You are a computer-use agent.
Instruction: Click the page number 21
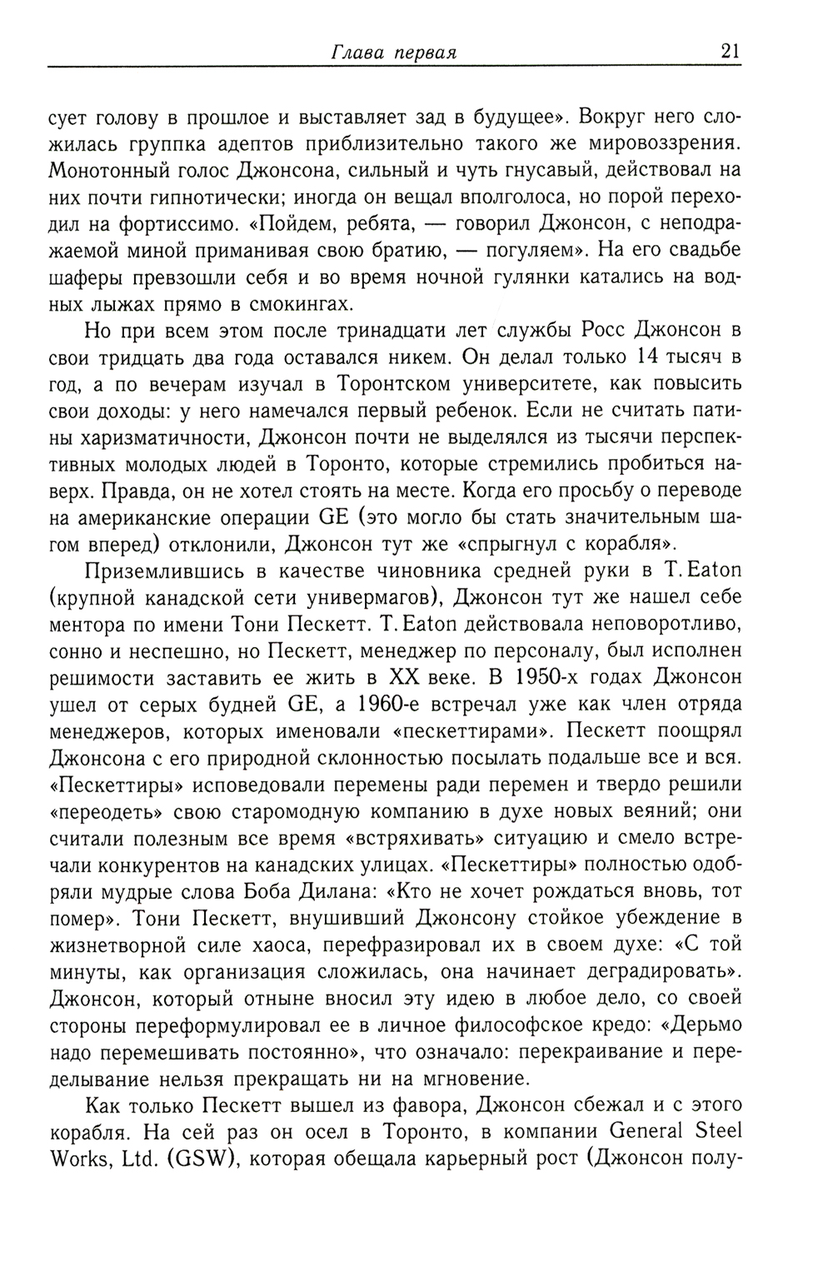click(730, 50)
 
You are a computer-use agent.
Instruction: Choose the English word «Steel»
click(715, 1131)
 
